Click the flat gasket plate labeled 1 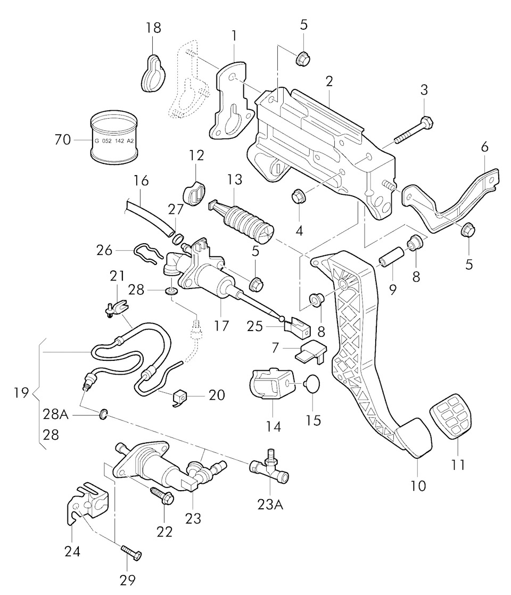pos(229,101)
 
